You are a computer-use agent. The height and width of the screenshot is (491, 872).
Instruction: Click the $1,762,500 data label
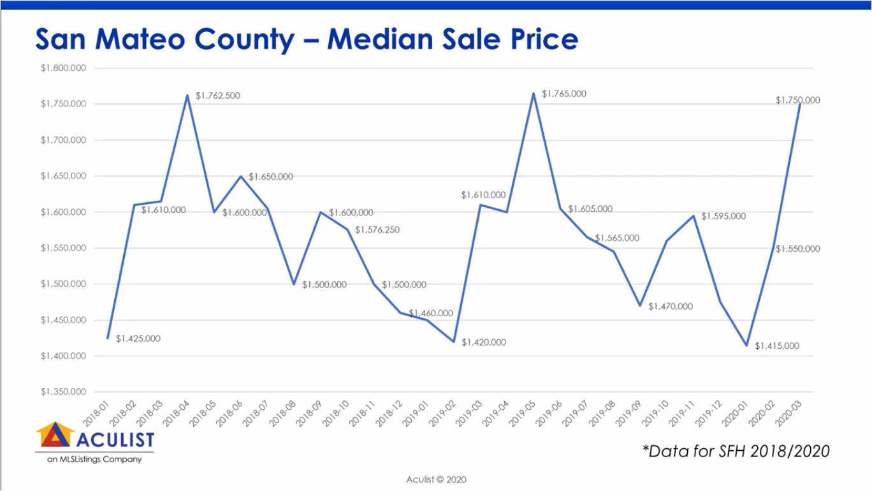tap(218, 96)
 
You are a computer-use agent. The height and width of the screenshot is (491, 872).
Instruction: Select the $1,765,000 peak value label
tap(563, 94)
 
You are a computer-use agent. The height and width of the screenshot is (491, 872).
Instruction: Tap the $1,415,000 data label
tap(776, 346)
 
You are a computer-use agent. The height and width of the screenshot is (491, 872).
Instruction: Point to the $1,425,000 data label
tap(138, 339)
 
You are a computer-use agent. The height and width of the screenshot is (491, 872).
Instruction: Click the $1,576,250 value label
tap(377, 230)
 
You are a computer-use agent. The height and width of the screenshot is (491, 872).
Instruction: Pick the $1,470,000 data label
tap(670, 307)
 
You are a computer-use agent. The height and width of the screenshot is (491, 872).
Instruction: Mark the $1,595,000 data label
tap(723, 216)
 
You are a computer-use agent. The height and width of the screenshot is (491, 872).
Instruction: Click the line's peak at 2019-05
tap(534, 93)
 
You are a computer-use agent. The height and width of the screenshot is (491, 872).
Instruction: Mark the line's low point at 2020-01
tap(746, 345)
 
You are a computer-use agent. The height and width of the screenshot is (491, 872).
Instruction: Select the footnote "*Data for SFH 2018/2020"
tap(736, 451)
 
